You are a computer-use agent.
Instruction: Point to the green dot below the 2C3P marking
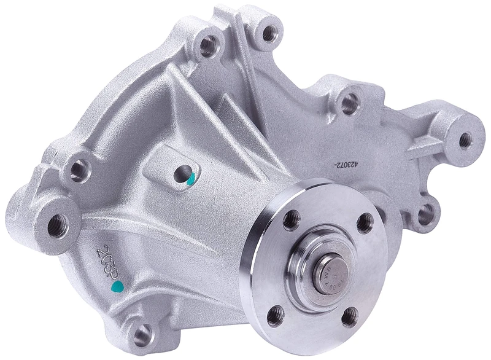[115, 287]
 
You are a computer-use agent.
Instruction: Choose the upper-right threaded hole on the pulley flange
[364, 222]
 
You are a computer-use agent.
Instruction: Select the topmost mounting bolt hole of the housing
[269, 34]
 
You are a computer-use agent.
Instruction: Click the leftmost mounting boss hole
[60, 220]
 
